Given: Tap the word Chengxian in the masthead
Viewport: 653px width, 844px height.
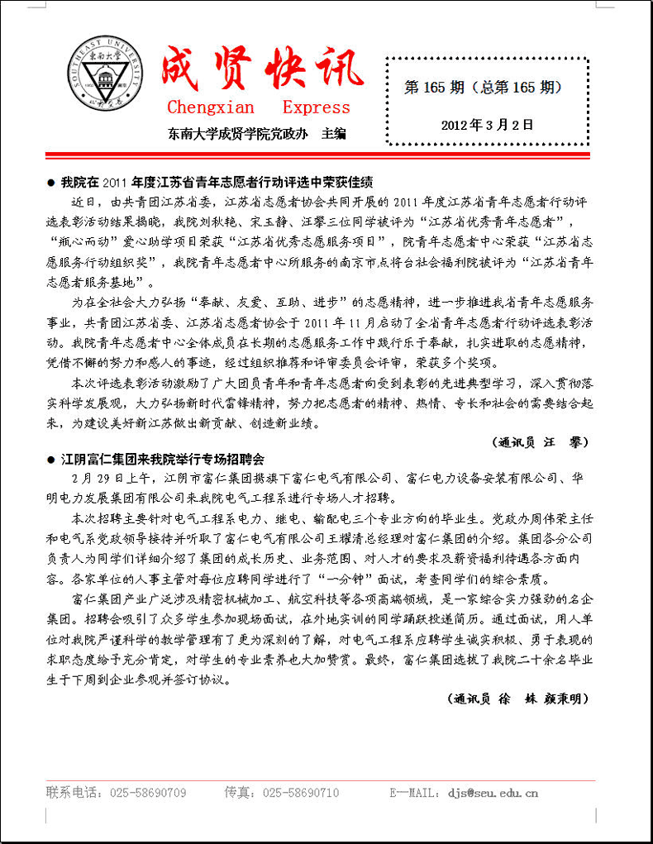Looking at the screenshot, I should [x=211, y=107].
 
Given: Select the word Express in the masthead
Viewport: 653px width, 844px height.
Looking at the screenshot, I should [x=316, y=107].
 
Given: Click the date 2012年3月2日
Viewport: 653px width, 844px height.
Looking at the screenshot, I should [x=487, y=125].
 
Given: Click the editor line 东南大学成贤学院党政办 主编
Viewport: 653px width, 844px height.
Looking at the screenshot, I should [x=256, y=132].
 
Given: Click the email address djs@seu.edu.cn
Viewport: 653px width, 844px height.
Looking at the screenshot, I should [x=493, y=793].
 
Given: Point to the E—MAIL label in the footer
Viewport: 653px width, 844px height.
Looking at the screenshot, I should [x=413, y=793].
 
